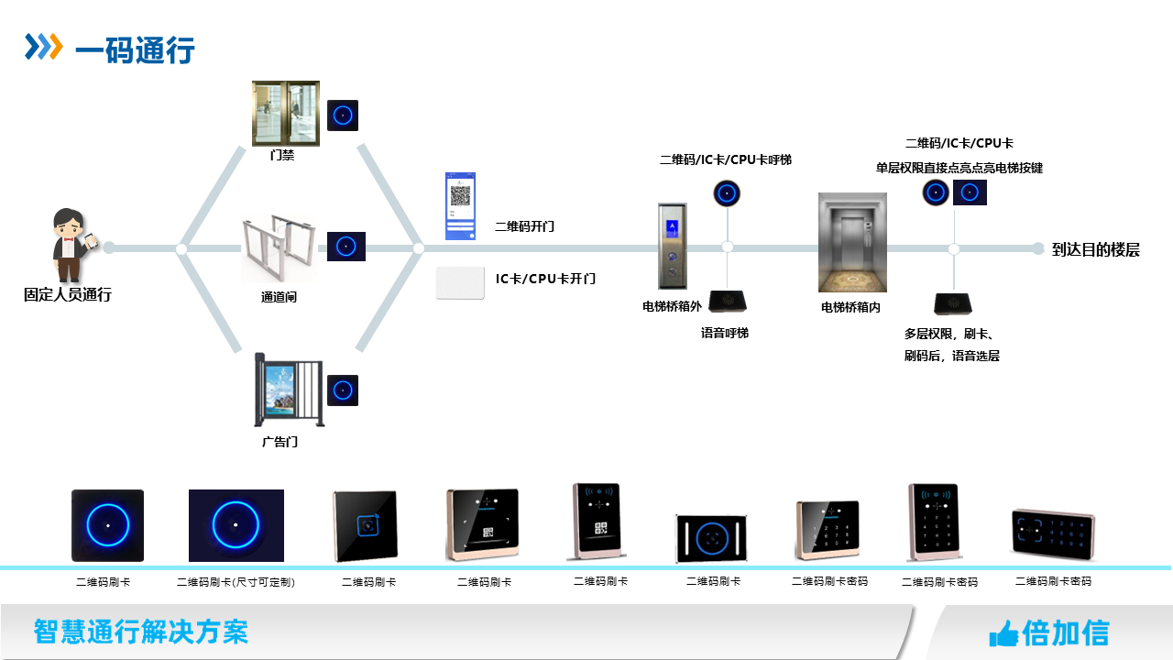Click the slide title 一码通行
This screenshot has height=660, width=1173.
[135, 49]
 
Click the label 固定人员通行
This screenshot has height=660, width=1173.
[67, 295]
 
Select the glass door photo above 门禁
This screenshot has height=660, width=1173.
[286, 113]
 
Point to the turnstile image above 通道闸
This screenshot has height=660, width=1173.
[279, 248]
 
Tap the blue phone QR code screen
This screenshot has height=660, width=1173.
[460, 205]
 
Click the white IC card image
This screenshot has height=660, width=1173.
[460, 282]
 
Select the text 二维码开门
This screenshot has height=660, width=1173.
[524, 226]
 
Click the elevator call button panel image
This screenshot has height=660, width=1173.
[672, 246]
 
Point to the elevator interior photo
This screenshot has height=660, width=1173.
[852, 242]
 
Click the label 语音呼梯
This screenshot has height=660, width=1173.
[724, 334]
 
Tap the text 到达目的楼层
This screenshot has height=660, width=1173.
[1096, 249]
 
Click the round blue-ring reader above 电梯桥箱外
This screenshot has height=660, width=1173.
[727, 193]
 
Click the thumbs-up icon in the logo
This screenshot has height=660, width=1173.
[1003, 633]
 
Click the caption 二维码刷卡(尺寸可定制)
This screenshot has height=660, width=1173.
[236, 582]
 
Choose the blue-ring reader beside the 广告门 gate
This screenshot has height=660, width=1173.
[343, 390]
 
